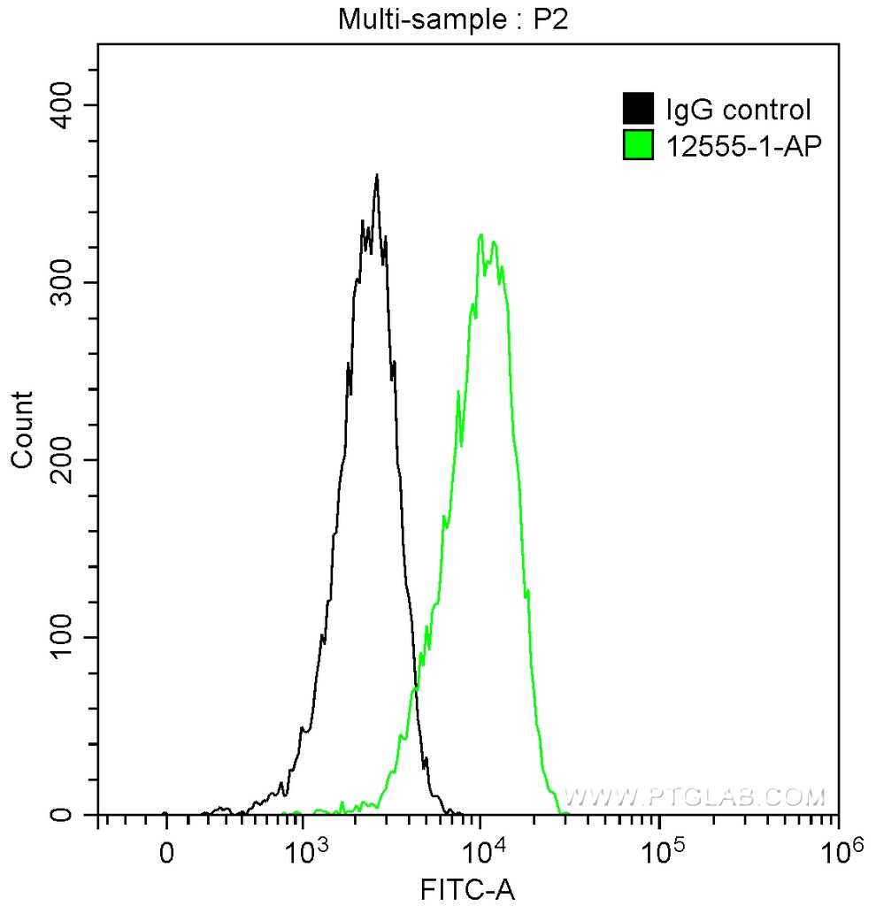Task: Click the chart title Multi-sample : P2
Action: point(452,20)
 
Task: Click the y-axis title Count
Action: point(23,429)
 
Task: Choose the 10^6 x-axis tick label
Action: point(838,851)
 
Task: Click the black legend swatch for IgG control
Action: point(639,109)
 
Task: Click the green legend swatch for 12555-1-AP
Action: point(639,145)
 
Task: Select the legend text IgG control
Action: point(738,110)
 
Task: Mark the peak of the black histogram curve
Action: point(377,175)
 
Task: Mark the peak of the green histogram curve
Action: point(480,235)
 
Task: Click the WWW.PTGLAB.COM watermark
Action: point(695,797)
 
